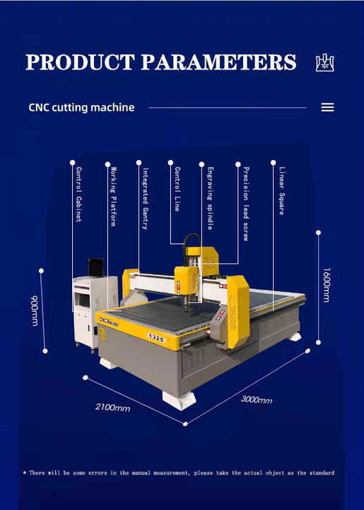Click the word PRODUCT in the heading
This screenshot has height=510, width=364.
point(80,62)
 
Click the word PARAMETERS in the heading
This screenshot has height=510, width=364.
point(218,62)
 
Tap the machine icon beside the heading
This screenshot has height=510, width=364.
point(324,63)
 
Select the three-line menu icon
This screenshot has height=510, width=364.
point(327,108)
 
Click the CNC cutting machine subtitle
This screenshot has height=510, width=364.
point(81,108)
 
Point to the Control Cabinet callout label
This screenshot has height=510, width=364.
point(78,195)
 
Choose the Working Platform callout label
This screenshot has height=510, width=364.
point(113,196)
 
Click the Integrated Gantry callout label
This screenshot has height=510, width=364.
point(146,199)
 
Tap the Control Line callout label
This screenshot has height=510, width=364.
point(177,189)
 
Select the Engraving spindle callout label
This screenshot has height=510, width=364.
point(210,198)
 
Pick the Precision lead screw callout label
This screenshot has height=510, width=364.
point(246,204)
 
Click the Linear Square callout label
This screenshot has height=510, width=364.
point(281,191)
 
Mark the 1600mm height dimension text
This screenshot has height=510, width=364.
point(327,285)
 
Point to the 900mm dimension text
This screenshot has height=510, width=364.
point(35,311)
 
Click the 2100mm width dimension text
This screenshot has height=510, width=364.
point(112,407)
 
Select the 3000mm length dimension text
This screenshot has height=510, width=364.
point(257,399)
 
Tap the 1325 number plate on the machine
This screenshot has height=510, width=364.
point(156,339)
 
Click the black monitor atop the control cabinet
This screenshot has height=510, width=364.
point(96,267)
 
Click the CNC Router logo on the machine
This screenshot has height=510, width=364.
point(109,322)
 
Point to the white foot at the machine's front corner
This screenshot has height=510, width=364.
point(180,400)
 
